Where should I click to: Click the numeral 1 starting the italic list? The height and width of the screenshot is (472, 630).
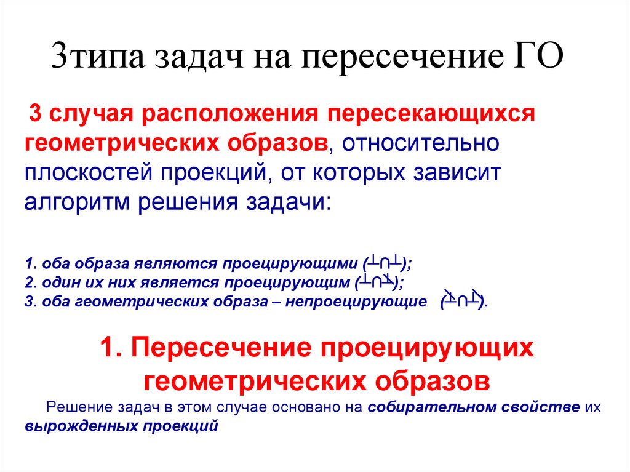pyautogui.click(x=29, y=265)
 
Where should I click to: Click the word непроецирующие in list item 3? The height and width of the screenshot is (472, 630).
pyautogui.click(x=363, y=302)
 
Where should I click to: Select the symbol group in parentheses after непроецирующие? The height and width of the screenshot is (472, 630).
pyautogui.click(x=463, y=300)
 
